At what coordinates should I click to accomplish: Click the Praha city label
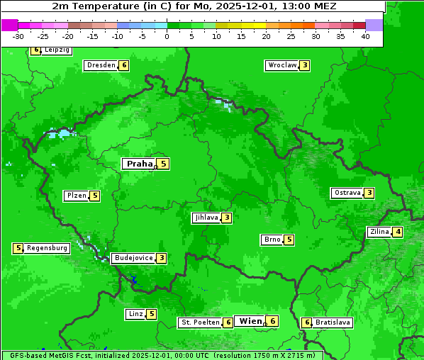point(139,164)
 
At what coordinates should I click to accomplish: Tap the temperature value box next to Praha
point(163,164)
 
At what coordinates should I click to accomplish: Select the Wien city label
point(250,321)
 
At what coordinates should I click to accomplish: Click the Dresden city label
point(101,65)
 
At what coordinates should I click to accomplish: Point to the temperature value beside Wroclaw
point(304,65)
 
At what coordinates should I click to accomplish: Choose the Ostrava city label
point(347,193)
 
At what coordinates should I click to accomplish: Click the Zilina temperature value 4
point(398,232)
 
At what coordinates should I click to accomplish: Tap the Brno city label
point(272,240)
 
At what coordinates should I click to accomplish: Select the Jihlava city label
point(206,218)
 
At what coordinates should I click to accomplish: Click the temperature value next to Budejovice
point(162,258)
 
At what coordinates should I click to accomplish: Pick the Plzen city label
point(76,196)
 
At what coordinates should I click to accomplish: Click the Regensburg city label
point(48,248)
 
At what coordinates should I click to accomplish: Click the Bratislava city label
point(333,322)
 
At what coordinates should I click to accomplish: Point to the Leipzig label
point(57,50)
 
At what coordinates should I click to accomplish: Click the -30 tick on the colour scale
point(18,36)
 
